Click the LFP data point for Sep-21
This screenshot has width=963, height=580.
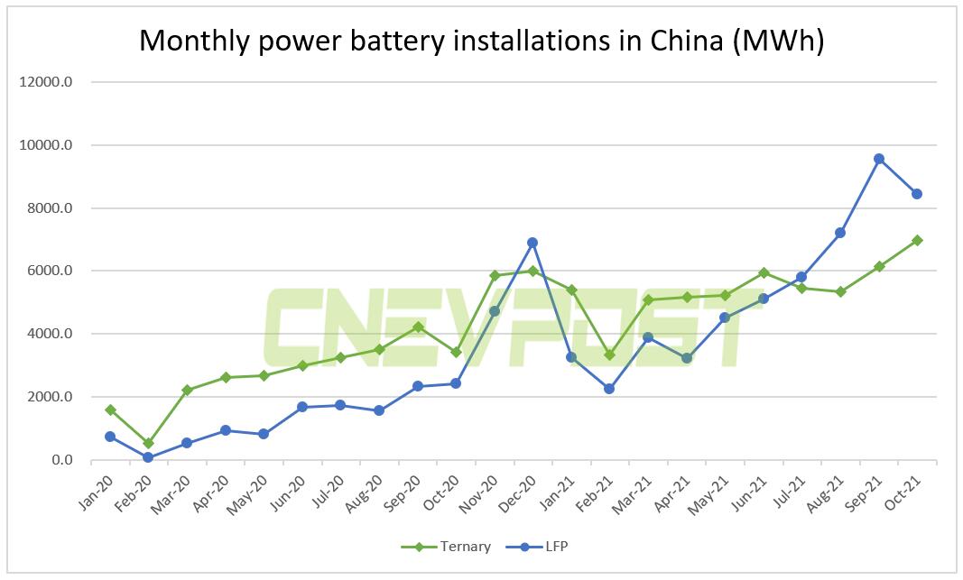pos(878,159)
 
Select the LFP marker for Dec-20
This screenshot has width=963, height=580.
pos(532,243)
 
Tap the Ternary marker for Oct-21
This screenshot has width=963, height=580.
pos(917,240)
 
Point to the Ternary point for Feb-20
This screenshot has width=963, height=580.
pos(148,443)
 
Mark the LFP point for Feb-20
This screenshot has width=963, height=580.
pos(148,457)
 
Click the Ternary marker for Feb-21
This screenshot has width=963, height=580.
pos(609,355)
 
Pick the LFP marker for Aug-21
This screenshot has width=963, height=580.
pos(840,233)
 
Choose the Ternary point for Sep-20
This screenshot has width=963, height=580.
pos(417,327)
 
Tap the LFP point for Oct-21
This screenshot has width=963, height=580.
pos(917,194)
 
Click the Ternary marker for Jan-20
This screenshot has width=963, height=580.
pos(110,410)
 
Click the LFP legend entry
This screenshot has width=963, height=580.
pos(536,547)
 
